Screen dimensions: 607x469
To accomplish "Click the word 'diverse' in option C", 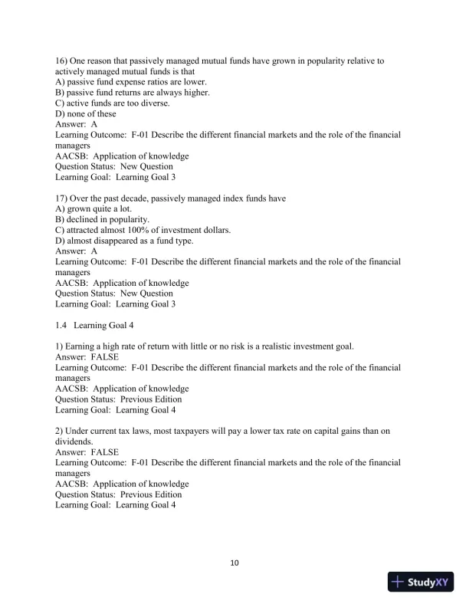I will coord(153,103).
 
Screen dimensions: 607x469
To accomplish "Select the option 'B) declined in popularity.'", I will coord(107,219).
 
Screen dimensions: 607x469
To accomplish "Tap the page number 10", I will coord(235,563).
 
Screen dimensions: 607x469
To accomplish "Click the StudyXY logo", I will coord(421,582).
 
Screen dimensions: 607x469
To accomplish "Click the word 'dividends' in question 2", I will coord(75,441).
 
